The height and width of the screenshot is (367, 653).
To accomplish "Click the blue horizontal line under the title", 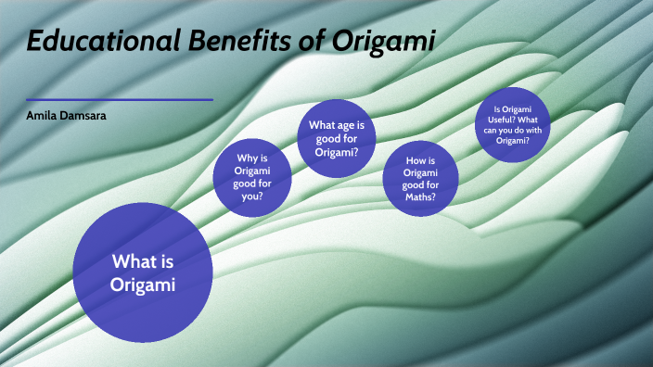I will (x=120, y=99).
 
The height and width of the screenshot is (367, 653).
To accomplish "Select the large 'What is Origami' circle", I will (x=143, y=272).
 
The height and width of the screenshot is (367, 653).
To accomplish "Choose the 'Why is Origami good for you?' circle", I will (x=252, y=177).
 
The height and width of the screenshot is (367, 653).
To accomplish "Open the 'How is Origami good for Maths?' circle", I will (x=422, y=179).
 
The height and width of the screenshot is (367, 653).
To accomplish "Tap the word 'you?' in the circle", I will (x=253, y=196).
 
